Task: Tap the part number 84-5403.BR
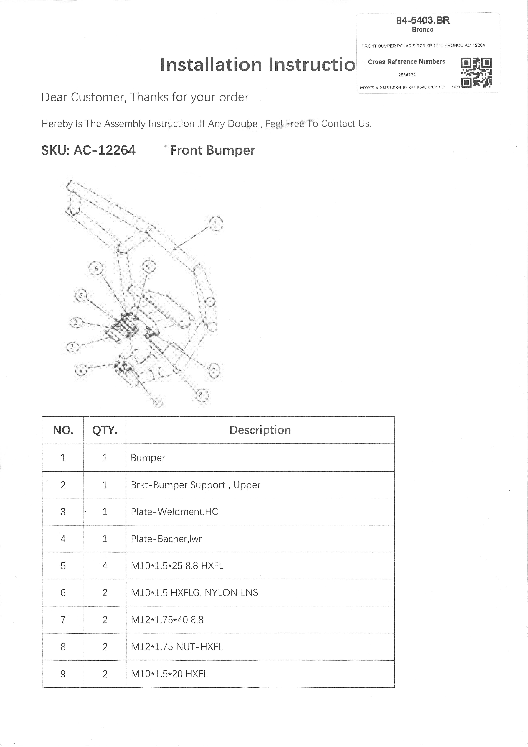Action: [423, 20]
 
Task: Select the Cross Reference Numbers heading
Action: [407, 61]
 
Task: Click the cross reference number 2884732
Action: [407, 75]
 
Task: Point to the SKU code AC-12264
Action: [105, 150]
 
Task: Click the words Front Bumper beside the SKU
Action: [212, 150]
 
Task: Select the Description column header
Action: [260, 430]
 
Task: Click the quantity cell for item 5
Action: [105, 566]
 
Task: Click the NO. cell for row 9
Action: [63, 674]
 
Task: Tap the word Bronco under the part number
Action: [423, 30]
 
